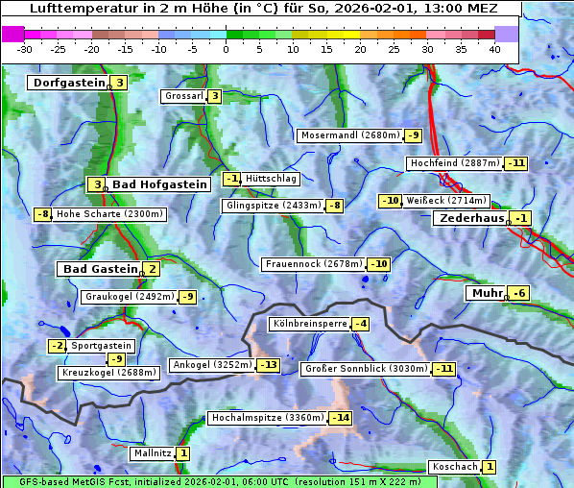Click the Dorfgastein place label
(x=68, y=83)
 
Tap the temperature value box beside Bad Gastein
(x=152, y=269)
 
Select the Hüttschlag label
(x=271, y=179)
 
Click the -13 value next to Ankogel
(x=269, y=365)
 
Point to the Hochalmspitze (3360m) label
(x=267, y=418)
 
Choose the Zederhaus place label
(x=470, y=218)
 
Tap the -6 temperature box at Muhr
(x=518, y=293)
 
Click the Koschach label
(x=454, y=467)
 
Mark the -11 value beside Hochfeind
(x=516, y=163)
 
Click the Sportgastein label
(x=102, y=345)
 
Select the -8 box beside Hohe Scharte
(x=42, y=214)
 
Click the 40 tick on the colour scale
(x=494, y=49)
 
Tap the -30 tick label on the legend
(x=25, y=49)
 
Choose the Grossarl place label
(x=183, y=96)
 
